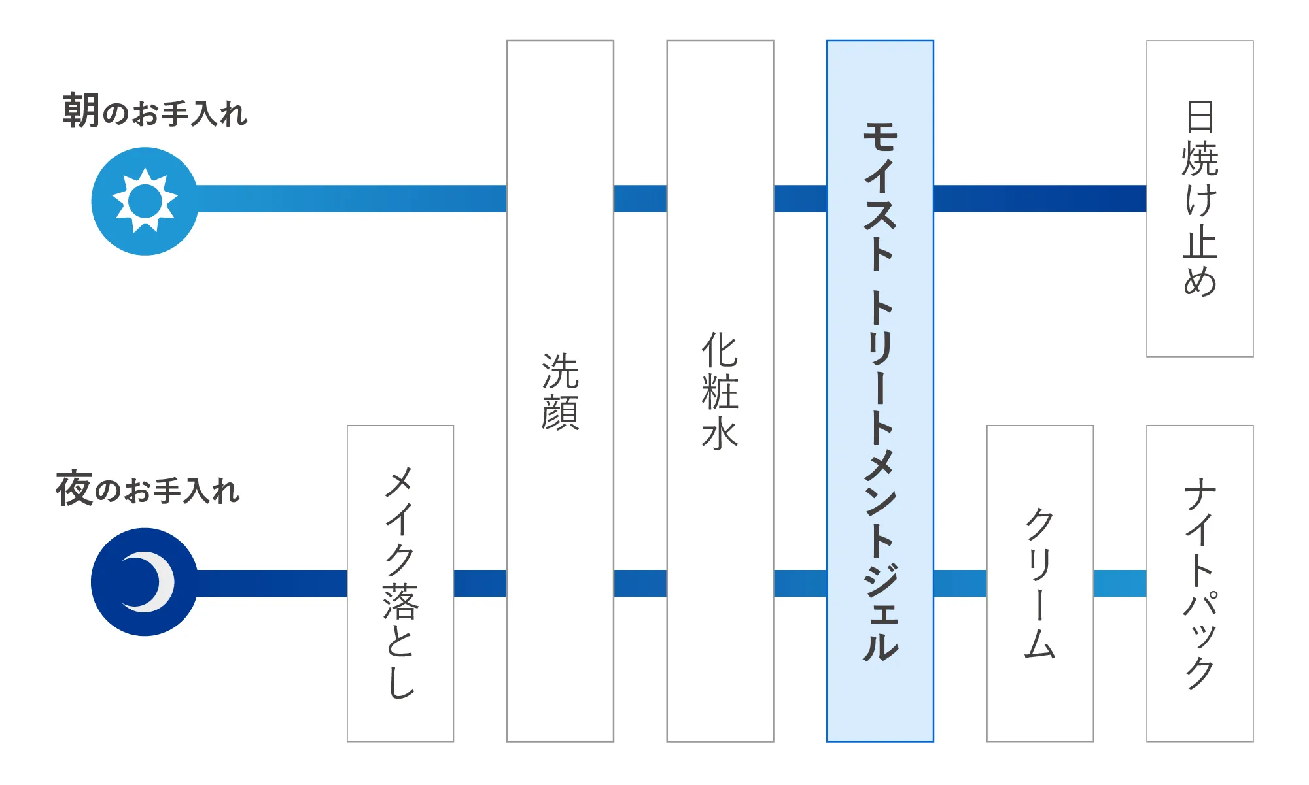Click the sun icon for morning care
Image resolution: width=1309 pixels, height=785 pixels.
(145, 201)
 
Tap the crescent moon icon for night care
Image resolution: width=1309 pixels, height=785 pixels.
(145, 582)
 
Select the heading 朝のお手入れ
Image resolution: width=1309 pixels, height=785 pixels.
(155, 111)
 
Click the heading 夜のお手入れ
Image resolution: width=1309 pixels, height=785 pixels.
(148, 489)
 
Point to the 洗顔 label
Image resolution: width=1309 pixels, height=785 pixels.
(560, 392)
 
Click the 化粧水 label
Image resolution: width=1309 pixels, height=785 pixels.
(720, 391)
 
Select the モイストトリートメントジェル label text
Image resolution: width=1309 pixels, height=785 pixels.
(880, 392)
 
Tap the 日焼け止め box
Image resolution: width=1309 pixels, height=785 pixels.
(1200, 199)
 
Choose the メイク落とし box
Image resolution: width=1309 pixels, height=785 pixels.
(400, 584)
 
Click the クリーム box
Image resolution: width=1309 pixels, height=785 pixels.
(1040, 584)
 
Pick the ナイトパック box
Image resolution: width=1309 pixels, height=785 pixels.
(1200, 584)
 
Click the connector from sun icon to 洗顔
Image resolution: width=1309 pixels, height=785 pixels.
(352, 199)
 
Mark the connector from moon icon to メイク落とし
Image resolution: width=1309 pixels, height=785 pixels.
(271, 583)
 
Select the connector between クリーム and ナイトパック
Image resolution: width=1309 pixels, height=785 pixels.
(1120, 583)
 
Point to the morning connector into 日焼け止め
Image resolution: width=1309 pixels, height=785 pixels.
(1040, 199)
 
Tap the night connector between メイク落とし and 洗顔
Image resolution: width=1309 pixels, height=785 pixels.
(480, 583)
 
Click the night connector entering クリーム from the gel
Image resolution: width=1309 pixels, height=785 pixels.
(960, 583)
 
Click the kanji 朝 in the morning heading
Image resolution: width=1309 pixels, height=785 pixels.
(81, 110)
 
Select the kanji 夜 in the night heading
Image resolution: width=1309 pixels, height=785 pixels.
(74, 489)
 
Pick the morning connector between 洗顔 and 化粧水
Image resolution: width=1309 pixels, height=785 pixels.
(640, 199)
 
